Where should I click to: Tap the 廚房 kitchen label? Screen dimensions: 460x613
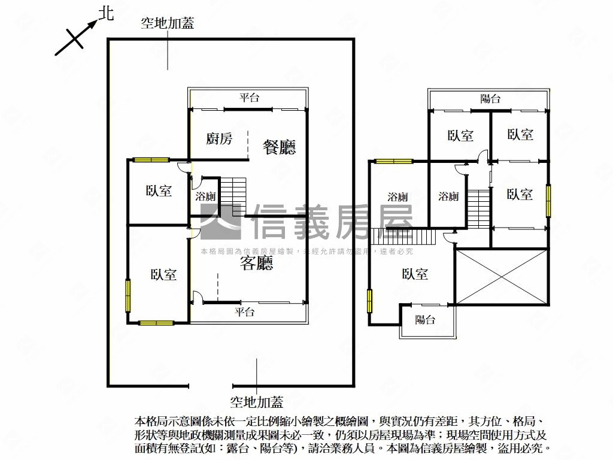coord(219,139)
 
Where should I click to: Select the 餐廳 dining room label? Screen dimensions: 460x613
coord(280,147)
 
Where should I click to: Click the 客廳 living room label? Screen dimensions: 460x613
coord(257,263)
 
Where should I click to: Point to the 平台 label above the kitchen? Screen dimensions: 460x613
coord(249,98)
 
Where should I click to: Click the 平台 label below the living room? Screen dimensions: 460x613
coord(244,312)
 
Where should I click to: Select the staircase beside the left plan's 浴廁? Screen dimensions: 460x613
coord(233,196)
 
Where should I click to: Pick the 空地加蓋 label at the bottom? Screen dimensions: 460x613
coord(257,402)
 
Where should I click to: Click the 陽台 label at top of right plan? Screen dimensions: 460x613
coord(490,99)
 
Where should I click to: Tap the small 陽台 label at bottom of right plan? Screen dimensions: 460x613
coord(425,320)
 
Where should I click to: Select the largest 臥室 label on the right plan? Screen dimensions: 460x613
coord(415,274)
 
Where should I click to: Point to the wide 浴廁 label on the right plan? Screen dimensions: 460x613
coord(397,196)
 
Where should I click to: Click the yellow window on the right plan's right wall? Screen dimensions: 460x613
coord(548,201)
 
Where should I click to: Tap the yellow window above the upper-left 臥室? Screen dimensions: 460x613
coord(150,160)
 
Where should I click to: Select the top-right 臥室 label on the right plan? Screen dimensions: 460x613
coord(520,135)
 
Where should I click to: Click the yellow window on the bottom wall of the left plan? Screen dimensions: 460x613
coord(156,323)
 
